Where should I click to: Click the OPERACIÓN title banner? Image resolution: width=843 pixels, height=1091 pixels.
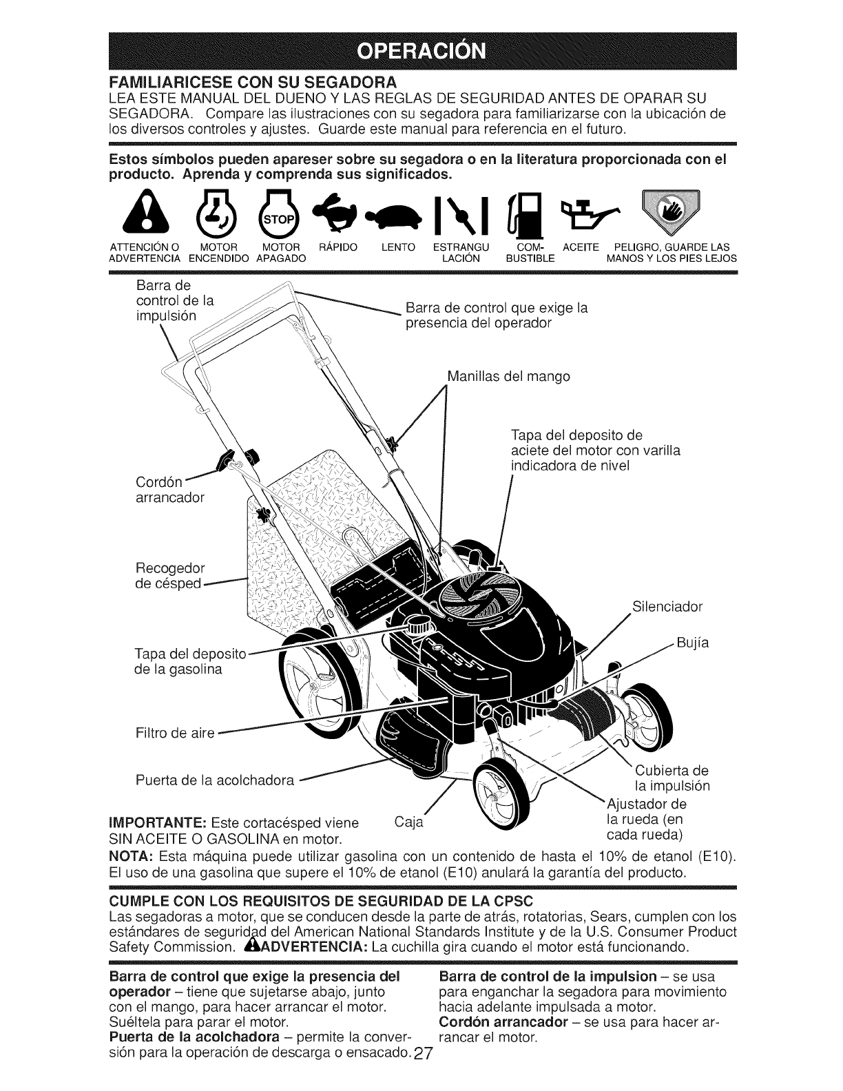[x=421, y=51]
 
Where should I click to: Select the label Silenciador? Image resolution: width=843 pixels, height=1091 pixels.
[x=667, y=607]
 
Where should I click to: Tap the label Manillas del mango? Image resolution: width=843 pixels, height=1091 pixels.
[x=508, y=377]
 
